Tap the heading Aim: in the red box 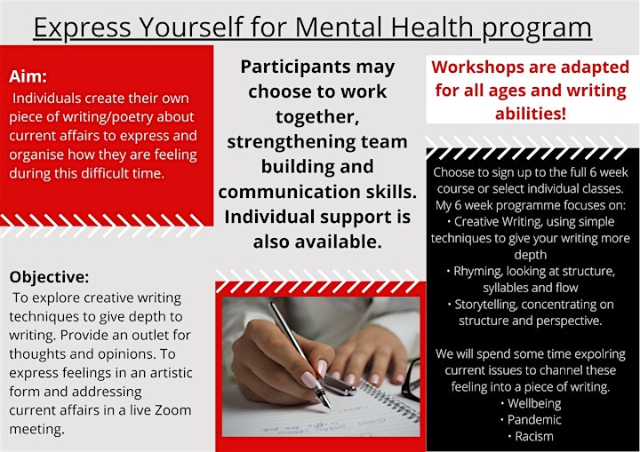click(x=28, y=76)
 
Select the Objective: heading click(x=49, y=277)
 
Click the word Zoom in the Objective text click(x=173, y=409)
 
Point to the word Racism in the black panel click(x=534, y=437)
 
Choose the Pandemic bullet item click(x=534, y=420)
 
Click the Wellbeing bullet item click(x=534, y=403)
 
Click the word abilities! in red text click(x=531, y=113)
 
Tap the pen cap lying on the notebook click(x=340, y=386)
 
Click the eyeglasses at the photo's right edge click(x=412, y=379)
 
